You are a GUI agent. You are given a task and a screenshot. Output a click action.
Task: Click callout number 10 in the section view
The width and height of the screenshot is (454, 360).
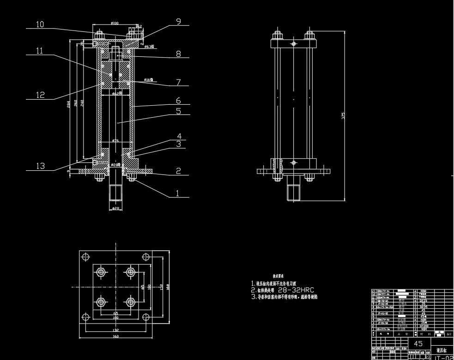click(40, 24)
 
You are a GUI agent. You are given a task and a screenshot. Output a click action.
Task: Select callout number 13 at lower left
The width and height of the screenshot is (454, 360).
click(40, 166)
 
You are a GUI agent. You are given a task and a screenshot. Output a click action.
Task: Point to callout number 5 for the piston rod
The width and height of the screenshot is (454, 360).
click(178, 111)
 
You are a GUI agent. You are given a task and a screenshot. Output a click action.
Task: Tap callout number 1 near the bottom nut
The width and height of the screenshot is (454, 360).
click(177, 193)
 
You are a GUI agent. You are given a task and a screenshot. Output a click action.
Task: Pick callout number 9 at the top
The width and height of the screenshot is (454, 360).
click(178, 21)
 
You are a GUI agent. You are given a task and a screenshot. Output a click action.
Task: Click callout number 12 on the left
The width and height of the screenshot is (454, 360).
click(40, 95)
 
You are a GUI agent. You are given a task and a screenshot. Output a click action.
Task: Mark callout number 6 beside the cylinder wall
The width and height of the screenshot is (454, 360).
click(178, 100)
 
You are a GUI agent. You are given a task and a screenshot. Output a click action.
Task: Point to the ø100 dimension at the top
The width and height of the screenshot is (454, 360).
click(115, 23)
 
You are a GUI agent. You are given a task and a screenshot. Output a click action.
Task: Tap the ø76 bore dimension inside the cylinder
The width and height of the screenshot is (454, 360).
click(115, 140)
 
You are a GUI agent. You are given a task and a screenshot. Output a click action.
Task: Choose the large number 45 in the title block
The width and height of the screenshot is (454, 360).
click(418, 344)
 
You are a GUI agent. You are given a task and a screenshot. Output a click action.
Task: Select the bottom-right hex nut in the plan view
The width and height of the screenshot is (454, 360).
click(131, 302)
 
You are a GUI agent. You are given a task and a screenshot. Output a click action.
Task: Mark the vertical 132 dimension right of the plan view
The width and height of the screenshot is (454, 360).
click(161, 287)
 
